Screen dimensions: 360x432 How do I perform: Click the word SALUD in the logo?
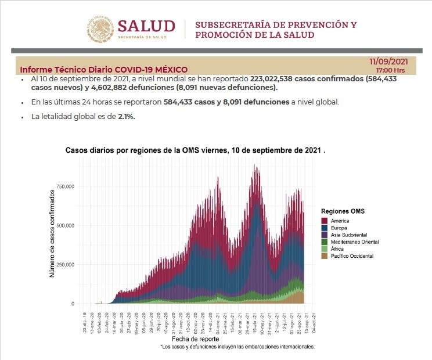[x=146, y=26]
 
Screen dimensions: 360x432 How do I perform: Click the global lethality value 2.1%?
[x=126, y=117]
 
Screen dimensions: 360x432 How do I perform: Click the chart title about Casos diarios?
[x=195, y=150]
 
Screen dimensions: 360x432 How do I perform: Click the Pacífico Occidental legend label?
[x=351, y=255]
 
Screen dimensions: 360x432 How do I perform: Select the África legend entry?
[x=337, y=249]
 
